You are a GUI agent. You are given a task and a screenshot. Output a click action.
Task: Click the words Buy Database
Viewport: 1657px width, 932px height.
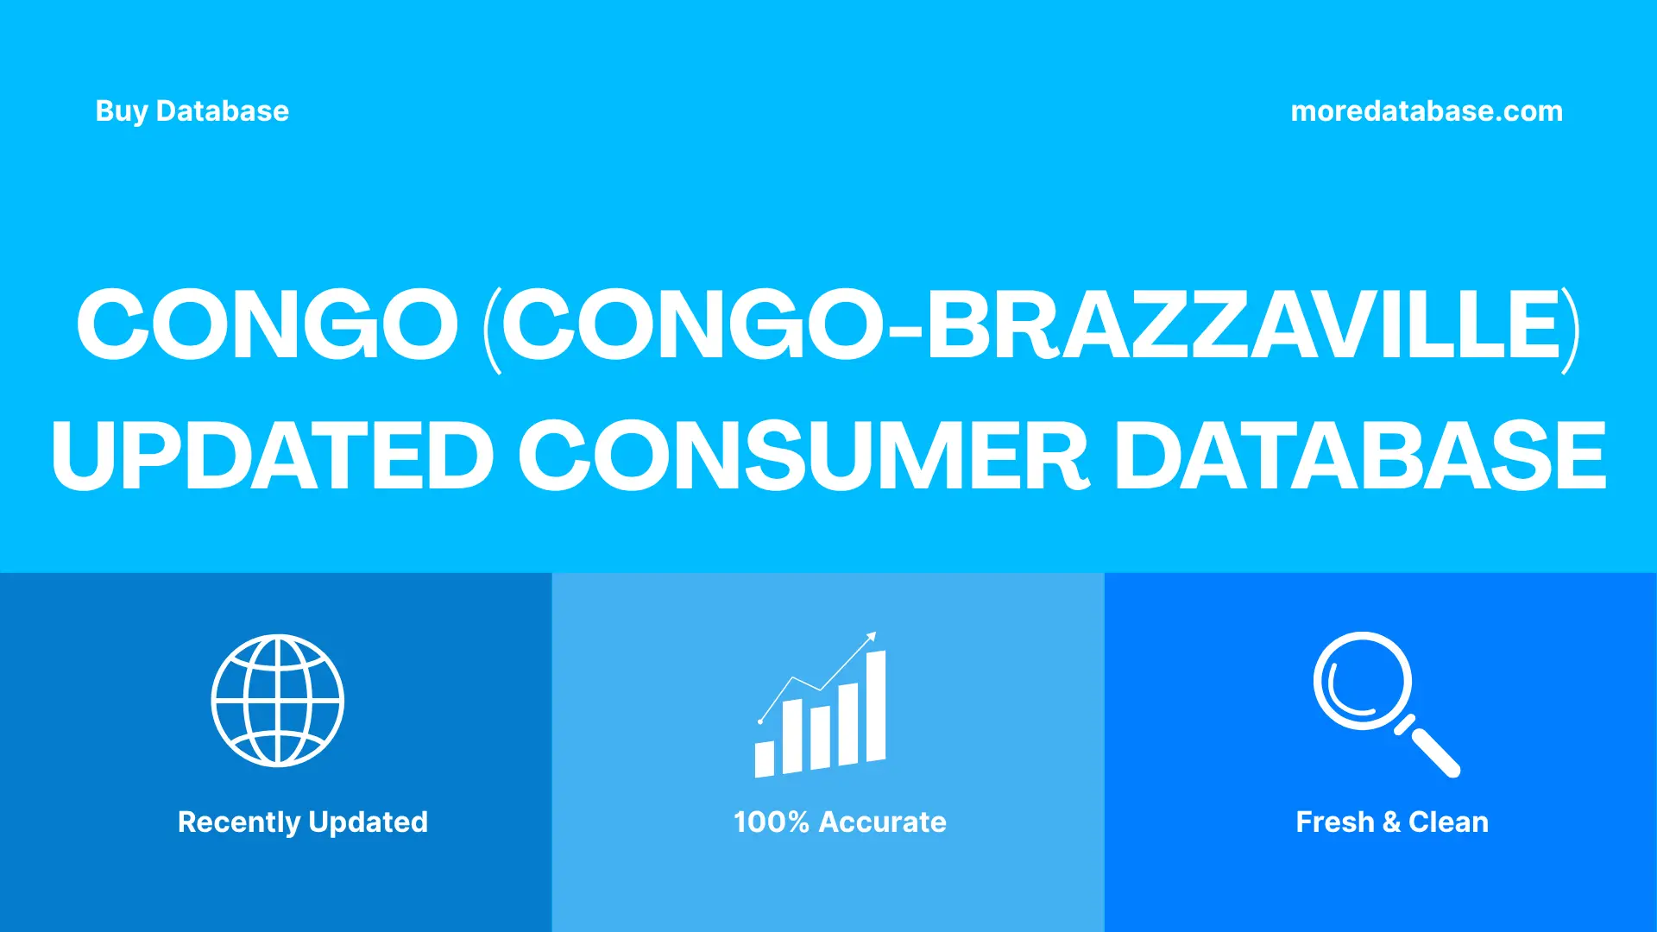(192, 111)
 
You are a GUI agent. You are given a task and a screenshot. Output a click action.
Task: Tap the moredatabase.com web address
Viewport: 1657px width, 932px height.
(1426, 111)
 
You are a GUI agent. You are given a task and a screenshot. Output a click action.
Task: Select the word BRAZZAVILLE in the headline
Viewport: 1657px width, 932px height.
(1243, 324)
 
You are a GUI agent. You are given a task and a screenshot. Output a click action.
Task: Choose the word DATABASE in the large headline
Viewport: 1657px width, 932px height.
(1360, 456)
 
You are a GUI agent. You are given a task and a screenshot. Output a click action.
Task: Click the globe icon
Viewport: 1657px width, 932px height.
(278, 701)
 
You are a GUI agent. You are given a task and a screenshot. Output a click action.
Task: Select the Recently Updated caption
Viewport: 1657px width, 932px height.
(302, 822)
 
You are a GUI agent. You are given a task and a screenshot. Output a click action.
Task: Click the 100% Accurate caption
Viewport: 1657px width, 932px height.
(840, 822)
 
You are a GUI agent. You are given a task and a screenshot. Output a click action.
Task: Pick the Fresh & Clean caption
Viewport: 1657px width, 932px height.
(1392, 822)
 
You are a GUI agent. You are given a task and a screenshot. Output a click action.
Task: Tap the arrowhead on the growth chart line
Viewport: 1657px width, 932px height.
(872, 637)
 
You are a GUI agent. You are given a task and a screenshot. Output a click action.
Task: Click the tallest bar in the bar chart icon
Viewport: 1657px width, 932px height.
(876, 708)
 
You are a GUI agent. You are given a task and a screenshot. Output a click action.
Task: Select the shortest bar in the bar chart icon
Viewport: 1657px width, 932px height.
(765, 759)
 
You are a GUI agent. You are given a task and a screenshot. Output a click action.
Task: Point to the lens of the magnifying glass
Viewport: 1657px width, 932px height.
(1362, 681)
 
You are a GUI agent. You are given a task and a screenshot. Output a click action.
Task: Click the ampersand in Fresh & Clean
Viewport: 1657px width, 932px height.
(1391, 822)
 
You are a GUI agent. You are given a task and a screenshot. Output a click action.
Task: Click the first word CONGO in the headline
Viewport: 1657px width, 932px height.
(268, 324)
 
